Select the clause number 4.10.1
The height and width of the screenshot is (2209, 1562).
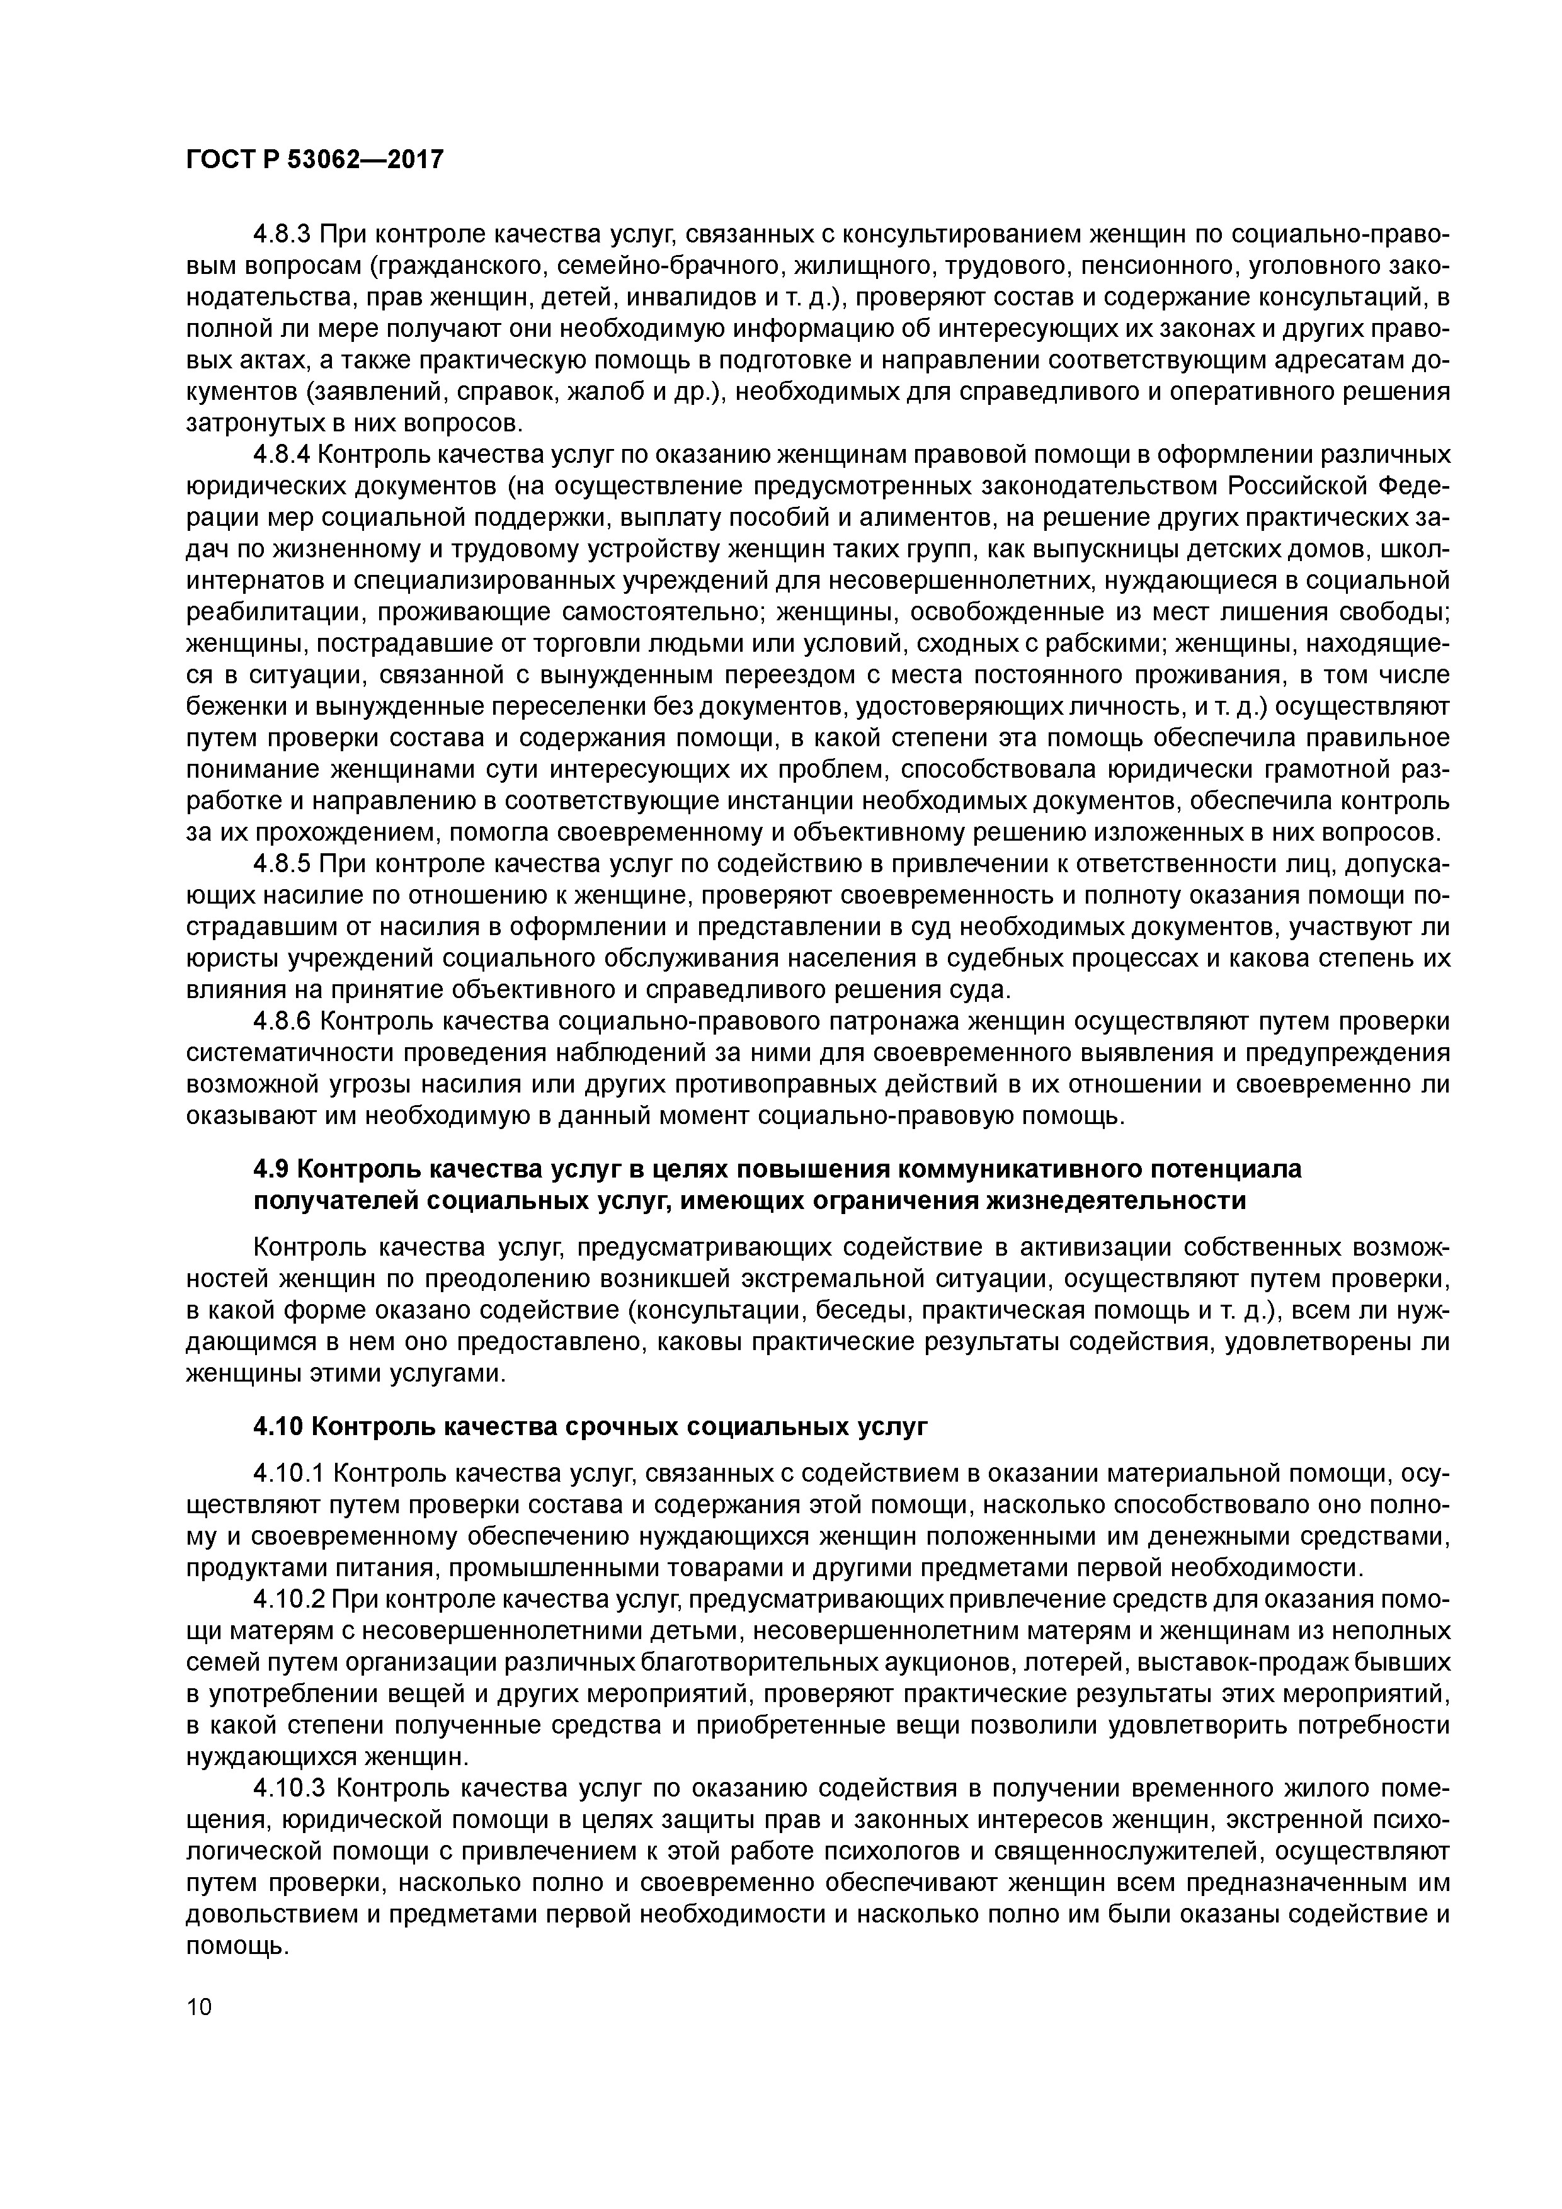click(x=290, y=1474)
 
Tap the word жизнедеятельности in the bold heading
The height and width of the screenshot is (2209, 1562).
click(x=1114, y=1201)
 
